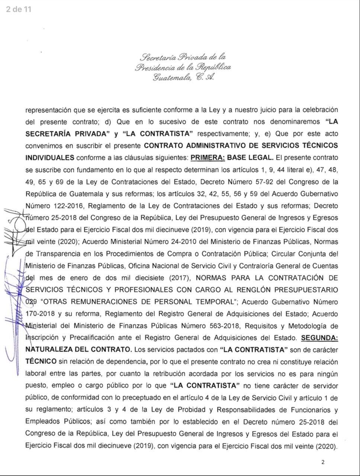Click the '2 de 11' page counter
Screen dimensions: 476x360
pyautogui.click(x=19, y=9)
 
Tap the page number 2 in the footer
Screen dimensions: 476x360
pyautogui.click(x=323, y=462)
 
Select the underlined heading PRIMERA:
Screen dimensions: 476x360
pyautogui.click(x=208, y=157)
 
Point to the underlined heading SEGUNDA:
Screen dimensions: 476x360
pyautogui.click(x=319, y=338)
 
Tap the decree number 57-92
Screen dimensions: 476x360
pyautogui.click(x=274, y=182)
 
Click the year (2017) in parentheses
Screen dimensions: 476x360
pyautogui.click(x=180, y=278)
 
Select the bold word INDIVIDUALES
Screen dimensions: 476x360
pyautogui.click(x=50, y=157)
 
